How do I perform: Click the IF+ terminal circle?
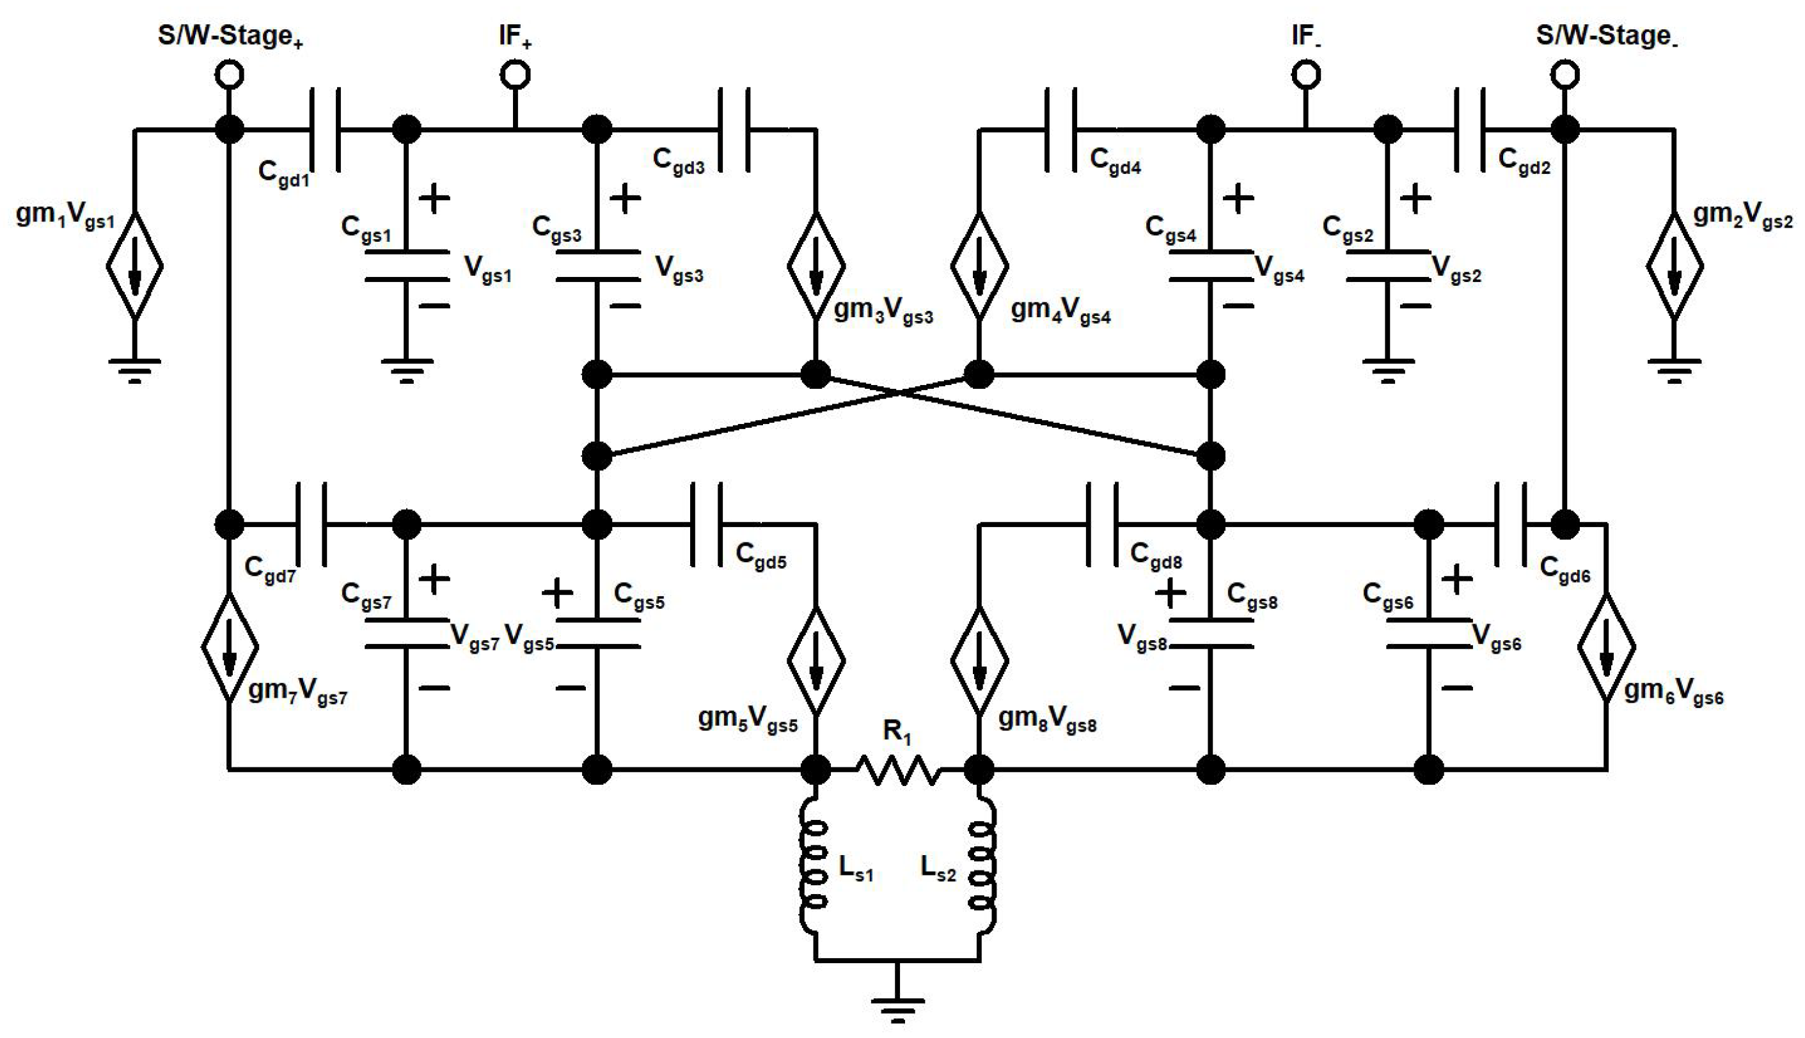coord(515,74)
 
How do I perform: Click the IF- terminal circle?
coord(1305,74)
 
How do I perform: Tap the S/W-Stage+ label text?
coord(230,36)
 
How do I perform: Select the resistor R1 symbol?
coord(897,770)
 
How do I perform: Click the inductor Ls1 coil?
coord(814,867)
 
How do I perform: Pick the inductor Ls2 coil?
coord(982,867)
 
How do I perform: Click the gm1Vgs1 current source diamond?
coord(135,265)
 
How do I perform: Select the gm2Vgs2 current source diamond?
coord(1675,265)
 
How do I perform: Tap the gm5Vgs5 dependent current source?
coord(816,660)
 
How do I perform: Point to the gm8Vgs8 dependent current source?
coord(979,660)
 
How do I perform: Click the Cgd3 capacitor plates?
coord(734,130)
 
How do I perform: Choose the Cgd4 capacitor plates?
coord(1060,130)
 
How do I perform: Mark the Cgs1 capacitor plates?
coord(406,265)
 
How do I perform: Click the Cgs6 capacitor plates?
coord(1429,634)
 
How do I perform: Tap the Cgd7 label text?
coord(269,570)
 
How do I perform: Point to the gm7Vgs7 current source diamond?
coord(229,647)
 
